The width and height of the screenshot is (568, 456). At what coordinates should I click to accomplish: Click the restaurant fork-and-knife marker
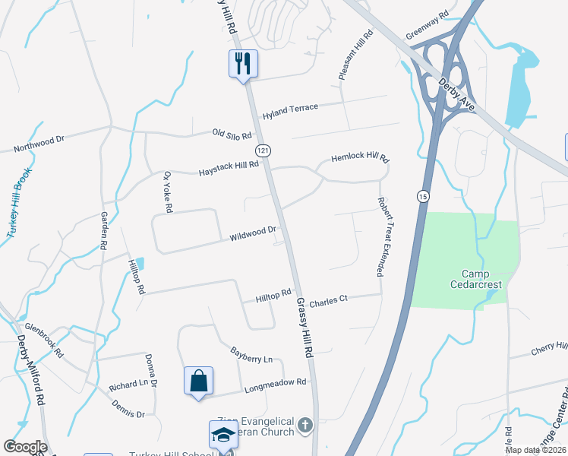pyautogui.click(x=243, y=64)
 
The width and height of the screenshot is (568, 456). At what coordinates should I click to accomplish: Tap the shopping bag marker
pyautogui.click(x=198, y=380)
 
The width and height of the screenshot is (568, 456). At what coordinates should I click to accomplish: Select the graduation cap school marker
pyautogui.click(x=223, y=435)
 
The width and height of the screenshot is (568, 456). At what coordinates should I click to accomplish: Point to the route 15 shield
pyautogui.click(x=422, y=196)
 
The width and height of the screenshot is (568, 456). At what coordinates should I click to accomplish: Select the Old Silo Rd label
pyautogui.click(x=232, y=135)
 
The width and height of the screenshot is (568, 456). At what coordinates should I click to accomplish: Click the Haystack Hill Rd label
pyautogui.click(x=229, y=166)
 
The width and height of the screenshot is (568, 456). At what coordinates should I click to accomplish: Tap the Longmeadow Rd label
pyautogui.click(x=275, y=386)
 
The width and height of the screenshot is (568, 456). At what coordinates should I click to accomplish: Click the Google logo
pyautogui.click(x=25, y=447)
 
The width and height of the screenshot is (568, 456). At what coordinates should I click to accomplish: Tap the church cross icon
pyautogui.click(x=305, y=426)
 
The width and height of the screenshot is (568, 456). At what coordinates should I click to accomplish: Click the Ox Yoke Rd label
pyautogui.click(x=169, y=192)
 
